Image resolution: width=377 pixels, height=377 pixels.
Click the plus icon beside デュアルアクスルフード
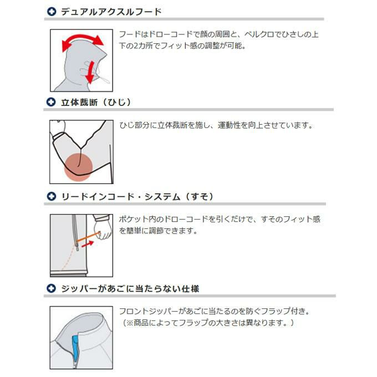point(51,12)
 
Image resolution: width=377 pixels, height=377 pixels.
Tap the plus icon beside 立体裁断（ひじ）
point(51,102)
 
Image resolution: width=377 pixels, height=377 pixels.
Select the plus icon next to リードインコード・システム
point(51,196)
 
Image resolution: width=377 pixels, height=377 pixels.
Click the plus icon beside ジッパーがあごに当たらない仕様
point(51,288)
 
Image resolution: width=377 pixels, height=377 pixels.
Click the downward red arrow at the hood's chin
point(90,72)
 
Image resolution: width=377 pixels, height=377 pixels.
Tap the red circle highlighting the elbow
point(78,167)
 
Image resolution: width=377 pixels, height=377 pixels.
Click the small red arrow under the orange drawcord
point(88,244)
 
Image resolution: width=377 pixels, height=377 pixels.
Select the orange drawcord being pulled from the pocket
point(88,236)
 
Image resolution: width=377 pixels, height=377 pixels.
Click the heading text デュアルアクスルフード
point(111,12)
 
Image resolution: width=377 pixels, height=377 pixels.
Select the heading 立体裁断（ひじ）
point(96,102)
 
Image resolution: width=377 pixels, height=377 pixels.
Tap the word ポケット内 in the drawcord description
point(137,220)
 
